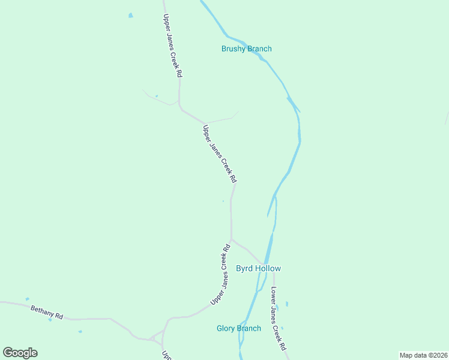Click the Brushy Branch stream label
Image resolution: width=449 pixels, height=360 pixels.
(x=246, y=49)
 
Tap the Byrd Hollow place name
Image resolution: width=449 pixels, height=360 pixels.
(x=258, y=269)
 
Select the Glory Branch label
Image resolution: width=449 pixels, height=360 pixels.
(x=239, y=328)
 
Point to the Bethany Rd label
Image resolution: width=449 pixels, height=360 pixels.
(x=47, y=312)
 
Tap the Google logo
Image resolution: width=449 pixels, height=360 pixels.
(x=20, y=353)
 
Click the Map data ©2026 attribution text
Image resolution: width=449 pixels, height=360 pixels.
(x=423, y=355)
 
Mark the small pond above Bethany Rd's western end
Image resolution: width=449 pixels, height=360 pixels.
(x=27, y=299)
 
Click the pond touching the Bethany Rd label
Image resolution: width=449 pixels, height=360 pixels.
(x=50, y=319)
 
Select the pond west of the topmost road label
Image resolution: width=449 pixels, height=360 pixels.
(x=131, y=16)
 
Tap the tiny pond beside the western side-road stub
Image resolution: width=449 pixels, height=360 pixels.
(x=157, y=96)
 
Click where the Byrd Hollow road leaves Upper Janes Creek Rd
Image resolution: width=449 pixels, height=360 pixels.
(x=232, y=240)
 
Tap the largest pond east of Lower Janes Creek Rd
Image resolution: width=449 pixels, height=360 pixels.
(x=287, y=304)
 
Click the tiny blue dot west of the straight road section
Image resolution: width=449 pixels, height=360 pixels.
(x=223, y=202)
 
